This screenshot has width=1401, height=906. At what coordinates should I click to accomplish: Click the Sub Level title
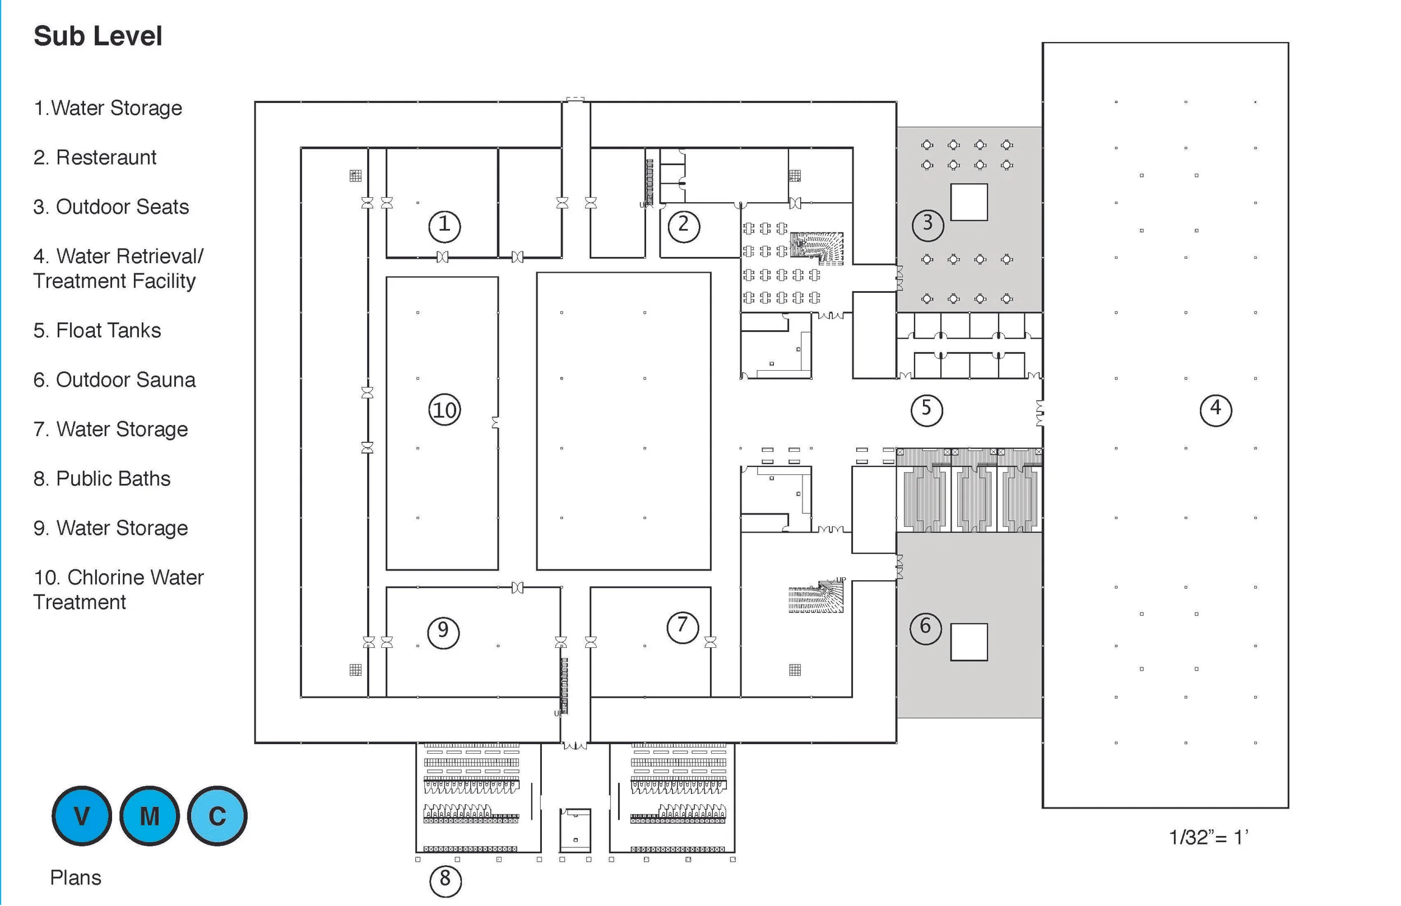click(98, 36)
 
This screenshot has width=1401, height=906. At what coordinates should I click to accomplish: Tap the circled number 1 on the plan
click(444, 226)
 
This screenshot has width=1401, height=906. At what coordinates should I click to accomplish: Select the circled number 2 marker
click(684, 226)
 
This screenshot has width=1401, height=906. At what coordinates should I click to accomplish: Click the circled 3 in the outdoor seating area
click(927, 224)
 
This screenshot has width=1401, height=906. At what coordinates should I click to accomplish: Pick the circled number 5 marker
click(926, 409)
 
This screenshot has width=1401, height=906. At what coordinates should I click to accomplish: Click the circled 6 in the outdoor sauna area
click(925, 628)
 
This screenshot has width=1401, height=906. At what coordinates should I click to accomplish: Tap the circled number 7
click(682, 627)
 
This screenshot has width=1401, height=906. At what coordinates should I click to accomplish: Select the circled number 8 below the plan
click(446, 880)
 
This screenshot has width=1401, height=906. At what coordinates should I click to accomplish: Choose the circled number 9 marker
click(443, 632)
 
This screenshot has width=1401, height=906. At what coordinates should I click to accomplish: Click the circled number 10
click(444, 410)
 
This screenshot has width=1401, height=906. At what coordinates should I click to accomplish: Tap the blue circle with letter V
click(82, 816)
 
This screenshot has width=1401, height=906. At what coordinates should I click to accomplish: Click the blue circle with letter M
click(150, 816)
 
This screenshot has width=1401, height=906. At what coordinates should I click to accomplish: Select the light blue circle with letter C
click(217, 816)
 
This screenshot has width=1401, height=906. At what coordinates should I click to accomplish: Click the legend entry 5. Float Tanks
click(97, 330)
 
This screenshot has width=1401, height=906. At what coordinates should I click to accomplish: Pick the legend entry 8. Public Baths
click(102, 479)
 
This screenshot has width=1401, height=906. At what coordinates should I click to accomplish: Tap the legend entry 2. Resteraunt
click(95, 158)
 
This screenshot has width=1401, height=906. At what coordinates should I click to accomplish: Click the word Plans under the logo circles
click(75, 878)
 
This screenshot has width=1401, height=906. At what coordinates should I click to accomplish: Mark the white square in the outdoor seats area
click(969, 202)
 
